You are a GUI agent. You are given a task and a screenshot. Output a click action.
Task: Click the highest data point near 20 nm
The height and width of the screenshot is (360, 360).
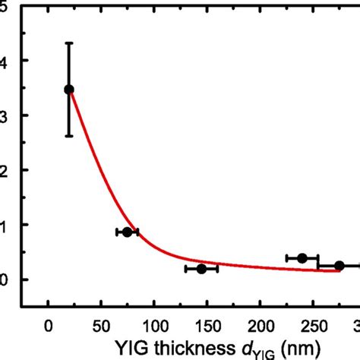(69, 90)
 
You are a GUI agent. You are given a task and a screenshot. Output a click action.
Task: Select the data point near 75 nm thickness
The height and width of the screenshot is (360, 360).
(128, 232)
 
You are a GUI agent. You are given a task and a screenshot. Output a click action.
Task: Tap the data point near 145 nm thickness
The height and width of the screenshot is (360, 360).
(201, 269)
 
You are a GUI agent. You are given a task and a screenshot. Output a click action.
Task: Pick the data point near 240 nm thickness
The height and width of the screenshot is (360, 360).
(302, 258)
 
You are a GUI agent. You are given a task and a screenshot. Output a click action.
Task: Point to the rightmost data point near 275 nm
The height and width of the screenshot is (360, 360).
(339, 265)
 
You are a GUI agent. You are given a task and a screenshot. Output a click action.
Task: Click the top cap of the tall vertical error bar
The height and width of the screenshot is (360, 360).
(69, 43)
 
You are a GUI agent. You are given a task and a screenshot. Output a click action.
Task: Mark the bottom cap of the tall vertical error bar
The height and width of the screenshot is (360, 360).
(69, 136)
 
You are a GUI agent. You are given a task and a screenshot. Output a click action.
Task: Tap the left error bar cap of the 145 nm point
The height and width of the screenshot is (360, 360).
(185, 269)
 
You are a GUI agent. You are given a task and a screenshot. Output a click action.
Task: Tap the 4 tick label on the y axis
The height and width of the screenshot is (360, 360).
(5, 60)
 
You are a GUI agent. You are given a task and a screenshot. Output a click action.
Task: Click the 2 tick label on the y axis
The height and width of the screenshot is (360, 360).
(5, 170)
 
